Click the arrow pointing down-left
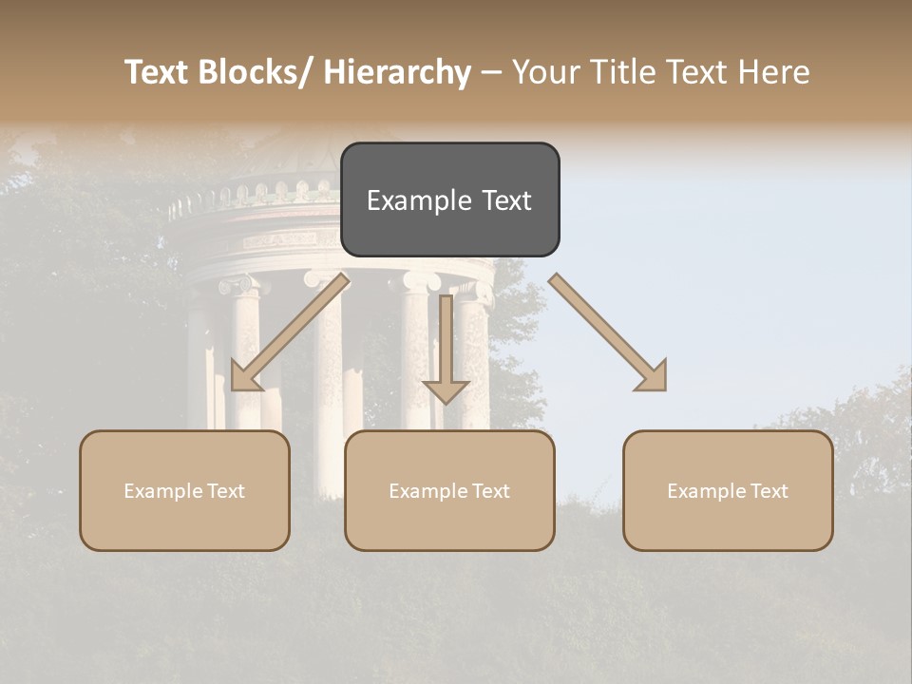tap(288, 332)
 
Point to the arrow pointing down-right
tap(609, 332)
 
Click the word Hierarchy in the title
tap(397, 73)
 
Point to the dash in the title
tap(492, 73)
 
